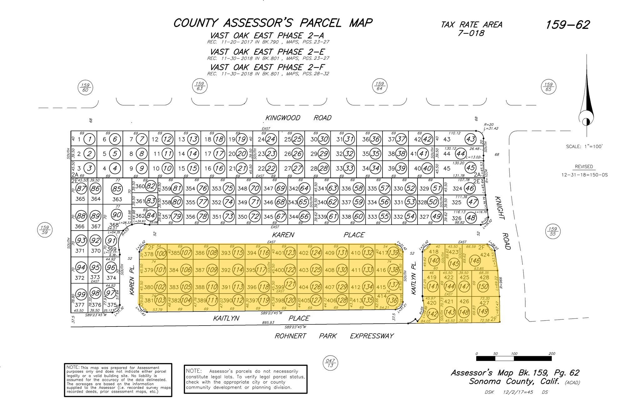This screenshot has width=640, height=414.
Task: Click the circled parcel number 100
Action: pos(161,253)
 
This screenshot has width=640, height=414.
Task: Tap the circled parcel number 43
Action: pos(470,139)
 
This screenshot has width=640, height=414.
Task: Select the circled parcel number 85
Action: pos(117,189)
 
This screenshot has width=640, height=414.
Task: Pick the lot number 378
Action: pos(149,254)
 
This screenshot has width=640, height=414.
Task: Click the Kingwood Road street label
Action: pos(298,118)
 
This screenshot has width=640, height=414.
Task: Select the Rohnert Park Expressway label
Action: pos(334,336)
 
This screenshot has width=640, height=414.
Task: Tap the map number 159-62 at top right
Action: pos(567,25)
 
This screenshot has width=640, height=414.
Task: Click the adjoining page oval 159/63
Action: pos(199,86)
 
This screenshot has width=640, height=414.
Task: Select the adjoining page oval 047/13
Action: pos(330,363)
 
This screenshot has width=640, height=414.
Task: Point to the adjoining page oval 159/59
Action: pos(45,230)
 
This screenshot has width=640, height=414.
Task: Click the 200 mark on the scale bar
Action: pos(552,354)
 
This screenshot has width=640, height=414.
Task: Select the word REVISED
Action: pos(584,167)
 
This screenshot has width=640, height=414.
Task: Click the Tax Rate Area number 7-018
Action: pos(471,33)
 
